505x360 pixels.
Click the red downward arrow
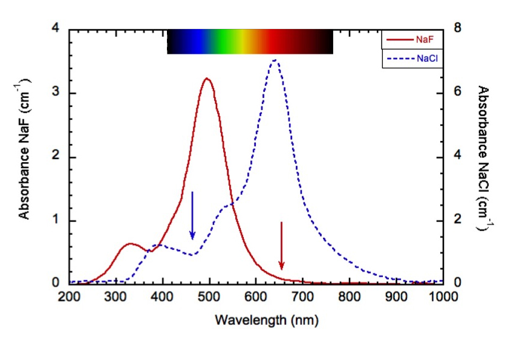coord(281,246)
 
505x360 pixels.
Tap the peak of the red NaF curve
coord(207,79)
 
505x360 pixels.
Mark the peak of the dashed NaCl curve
coord(275,60)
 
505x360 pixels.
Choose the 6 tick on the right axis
coord(458,93)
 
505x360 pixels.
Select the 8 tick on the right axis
coord(458,28)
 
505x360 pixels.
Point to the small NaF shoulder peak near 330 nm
coord(130,244)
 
